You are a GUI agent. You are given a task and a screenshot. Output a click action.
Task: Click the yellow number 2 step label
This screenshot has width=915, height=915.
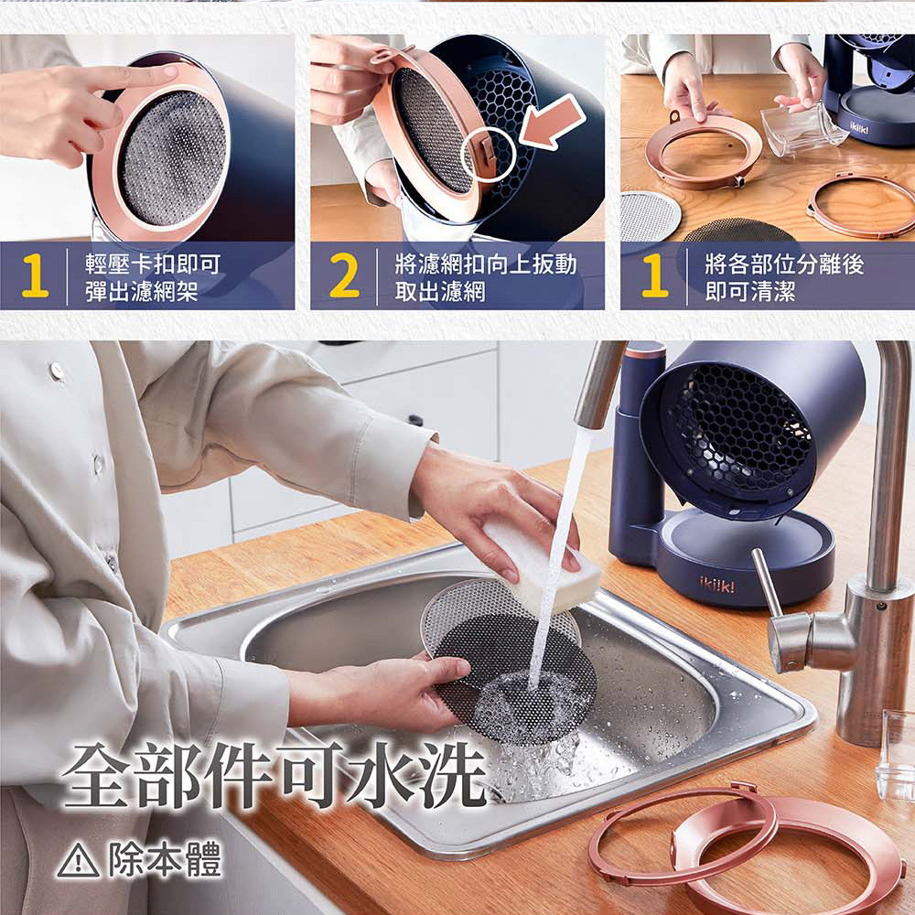coord(344,276)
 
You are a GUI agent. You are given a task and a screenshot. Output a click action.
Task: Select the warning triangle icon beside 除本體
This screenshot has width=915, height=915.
coord(78,861)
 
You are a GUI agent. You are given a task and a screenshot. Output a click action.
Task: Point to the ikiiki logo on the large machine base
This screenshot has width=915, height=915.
coord(717,585)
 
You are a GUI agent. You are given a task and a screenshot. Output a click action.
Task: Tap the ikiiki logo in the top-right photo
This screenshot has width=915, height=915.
coord(858,127)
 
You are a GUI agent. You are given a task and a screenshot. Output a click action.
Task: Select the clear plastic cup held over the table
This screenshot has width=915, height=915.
coord(802,131)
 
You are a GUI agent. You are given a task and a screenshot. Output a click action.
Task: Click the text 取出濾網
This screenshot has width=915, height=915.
coord(440,291)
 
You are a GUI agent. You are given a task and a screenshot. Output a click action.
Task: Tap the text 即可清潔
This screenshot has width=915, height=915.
coord(750,291)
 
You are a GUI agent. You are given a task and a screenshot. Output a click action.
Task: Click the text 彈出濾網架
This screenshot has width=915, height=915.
coord(142,291)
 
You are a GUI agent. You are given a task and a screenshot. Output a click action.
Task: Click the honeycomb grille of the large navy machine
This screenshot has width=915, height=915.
coord(742,429)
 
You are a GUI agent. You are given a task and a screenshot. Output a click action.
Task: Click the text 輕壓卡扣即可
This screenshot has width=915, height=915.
coord(153,264)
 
